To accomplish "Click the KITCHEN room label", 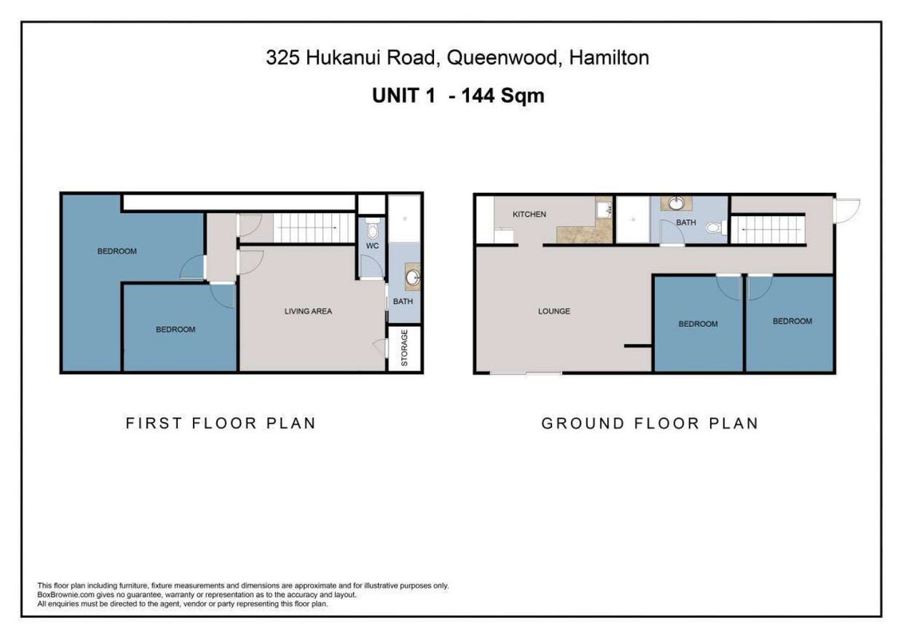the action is pyautogui.click(x=529, y=215).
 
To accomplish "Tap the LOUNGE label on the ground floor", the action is pyautogui.click(x=554, y=311).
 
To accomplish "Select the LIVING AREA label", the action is pyautogui.click(x=308, y=311).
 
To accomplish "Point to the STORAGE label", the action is pyautogui.click(x=404, y=348).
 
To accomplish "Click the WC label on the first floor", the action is pyautogui.click(x=373, y=246).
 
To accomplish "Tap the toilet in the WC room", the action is pyautogui.click(x=373, y=228).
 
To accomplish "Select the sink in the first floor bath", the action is pyautogui.click(x=413, y=278).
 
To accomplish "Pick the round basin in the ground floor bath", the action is pyautogui.click(x=676, y=203).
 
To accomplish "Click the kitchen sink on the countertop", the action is pyautogui.click(x=604, y=209).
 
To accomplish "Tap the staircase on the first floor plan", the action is pyautogui.click(x=313, y=227).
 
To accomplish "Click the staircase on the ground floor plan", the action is pyautogui.click(x=767, y=229).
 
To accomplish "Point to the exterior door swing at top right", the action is pyautogui.click(x=847, y=211).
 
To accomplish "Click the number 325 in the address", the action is pyautogui.click(x=282, y=57).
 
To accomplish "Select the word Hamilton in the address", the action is pyautogui.click(x=609, y=57).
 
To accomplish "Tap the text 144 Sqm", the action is pyautogui.click(x=503, y=95).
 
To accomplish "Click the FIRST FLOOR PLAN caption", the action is pyautogui.click(x=221, y=423).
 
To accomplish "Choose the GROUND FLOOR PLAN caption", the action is pyautogui.click(x=649, y=423).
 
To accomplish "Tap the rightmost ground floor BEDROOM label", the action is pyautogui.click(x=792, y=321).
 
